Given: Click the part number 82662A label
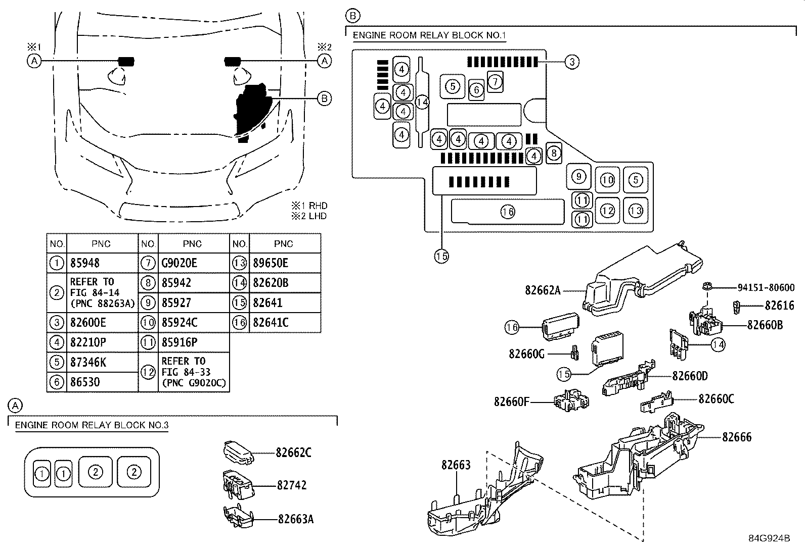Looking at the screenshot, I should [543, 290].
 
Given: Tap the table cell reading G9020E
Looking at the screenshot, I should [179, 263].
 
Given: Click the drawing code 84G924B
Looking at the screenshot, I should [769, 538].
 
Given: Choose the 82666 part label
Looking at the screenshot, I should [737, 437].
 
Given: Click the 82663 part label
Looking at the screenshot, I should [456, 465].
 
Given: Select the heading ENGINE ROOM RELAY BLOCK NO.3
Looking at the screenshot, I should [92, 425].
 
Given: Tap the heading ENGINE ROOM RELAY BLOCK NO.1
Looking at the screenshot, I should [429, 35].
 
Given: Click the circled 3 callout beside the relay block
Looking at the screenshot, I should [571, 62].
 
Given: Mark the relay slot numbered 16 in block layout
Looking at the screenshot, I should [508, 212].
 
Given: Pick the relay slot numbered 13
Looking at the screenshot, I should [636, 210].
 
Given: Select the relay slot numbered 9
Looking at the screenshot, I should [579, 176].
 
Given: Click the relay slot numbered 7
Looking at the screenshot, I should [495, 81].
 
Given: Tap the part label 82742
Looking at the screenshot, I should [292, 485].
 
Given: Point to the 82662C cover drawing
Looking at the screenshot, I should [238, 450].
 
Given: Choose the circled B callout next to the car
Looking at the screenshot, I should [324, 98].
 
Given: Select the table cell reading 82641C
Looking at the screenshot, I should [270, 322].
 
